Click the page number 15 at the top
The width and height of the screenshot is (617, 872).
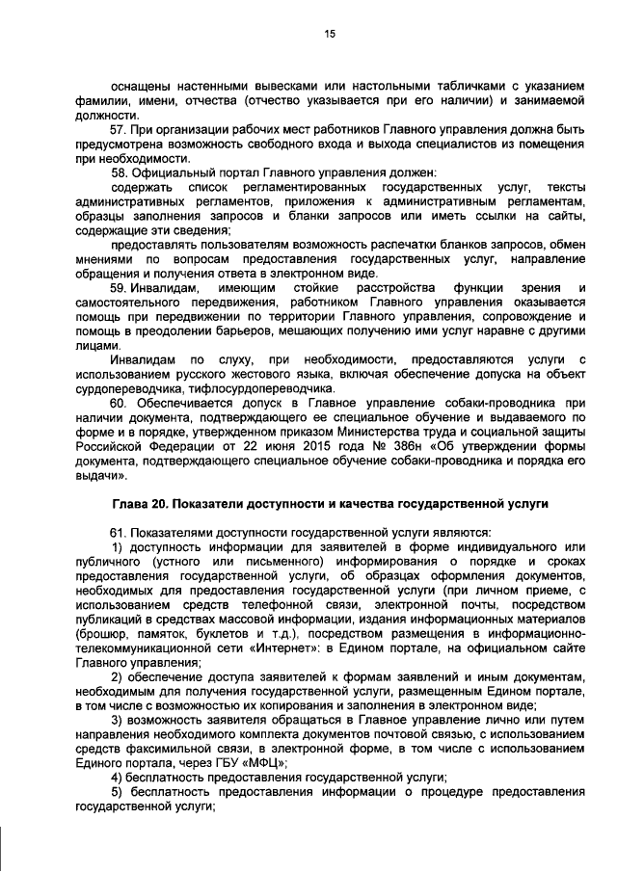point(329,34)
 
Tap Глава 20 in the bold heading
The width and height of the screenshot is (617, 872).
point(142,504)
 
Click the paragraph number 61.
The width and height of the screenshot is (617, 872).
point(120,532)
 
